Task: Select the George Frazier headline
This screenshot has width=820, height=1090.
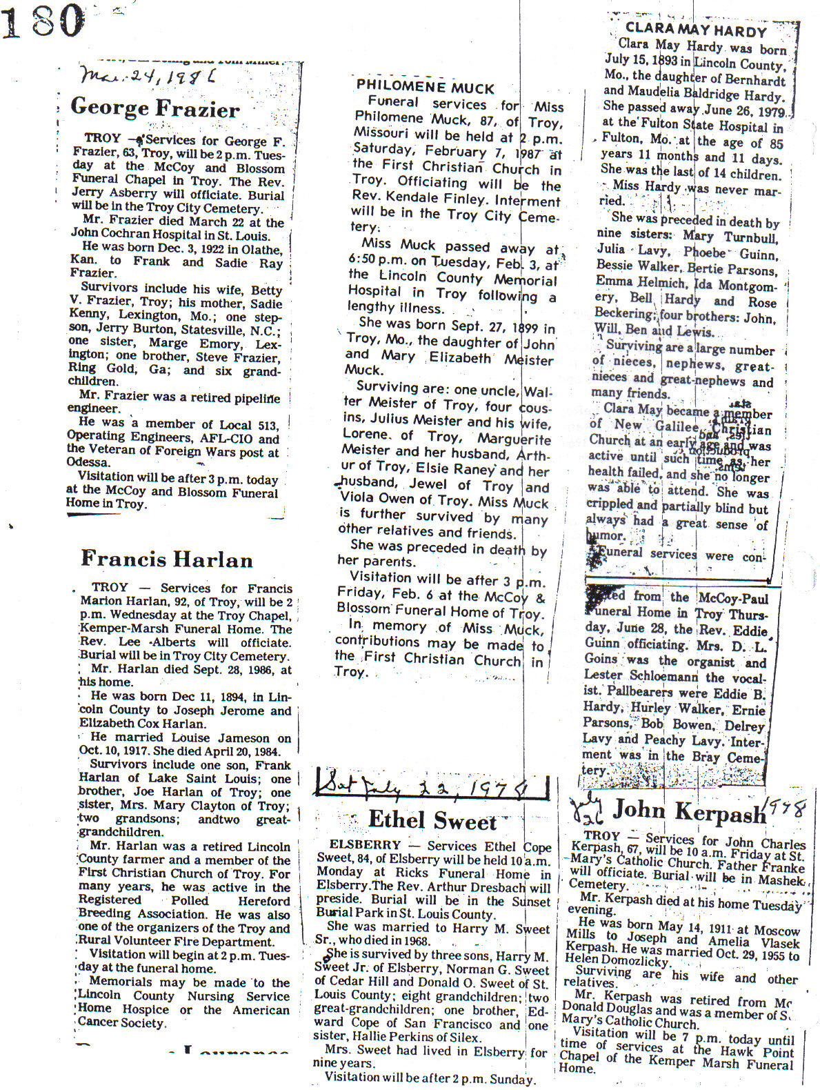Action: pos(155,108)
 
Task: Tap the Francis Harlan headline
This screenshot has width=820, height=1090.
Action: pos(167,558)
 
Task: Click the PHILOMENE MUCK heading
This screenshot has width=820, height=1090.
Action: pos(425,88)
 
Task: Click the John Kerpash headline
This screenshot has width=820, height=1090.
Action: pos(689,811)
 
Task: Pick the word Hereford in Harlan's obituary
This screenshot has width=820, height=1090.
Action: pos(264,901)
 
